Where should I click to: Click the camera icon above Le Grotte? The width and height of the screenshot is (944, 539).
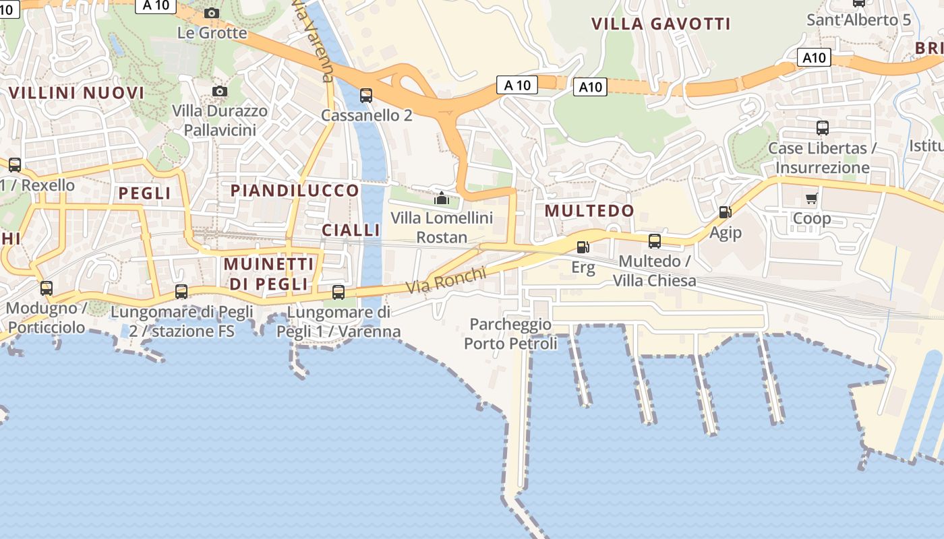(x=212, y=13)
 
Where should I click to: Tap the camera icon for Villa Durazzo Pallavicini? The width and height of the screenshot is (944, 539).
(x=219, y=91)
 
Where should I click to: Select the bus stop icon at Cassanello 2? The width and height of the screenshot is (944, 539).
(x=366, y=95)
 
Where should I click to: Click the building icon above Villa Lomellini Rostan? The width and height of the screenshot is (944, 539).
(x=442, y=198)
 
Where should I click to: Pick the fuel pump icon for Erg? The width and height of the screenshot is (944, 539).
(x=583, y=247)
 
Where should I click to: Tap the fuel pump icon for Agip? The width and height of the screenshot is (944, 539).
(x=725, y=212)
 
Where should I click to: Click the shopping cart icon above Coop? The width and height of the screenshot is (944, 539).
(x=812, y=198)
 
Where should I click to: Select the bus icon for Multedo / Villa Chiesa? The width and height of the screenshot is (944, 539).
(x=654, y=241)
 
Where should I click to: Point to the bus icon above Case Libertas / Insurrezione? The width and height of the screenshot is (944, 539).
(x=822, y=127)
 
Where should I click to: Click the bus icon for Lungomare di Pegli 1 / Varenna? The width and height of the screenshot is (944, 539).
(x=338, y=292)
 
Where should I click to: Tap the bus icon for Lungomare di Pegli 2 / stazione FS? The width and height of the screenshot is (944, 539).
(x=181, y=292)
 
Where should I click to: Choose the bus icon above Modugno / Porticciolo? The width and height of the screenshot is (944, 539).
(x=47, y=288)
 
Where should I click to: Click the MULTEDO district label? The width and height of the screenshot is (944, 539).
(x=589, y=211)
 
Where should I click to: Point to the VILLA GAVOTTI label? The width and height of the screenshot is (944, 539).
(x=661, y=24)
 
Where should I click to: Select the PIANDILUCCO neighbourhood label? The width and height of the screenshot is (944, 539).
(x=295, y=191)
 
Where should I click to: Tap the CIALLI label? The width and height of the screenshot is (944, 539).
(x=351, y=230)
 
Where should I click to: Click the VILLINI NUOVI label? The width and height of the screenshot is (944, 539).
(x=76, y=93)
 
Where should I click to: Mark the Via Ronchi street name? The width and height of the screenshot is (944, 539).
(x=446, y=280)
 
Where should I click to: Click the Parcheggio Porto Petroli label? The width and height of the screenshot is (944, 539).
(x=510, y=334)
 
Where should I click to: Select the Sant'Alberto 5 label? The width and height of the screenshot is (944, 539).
(x=858, y=20)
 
